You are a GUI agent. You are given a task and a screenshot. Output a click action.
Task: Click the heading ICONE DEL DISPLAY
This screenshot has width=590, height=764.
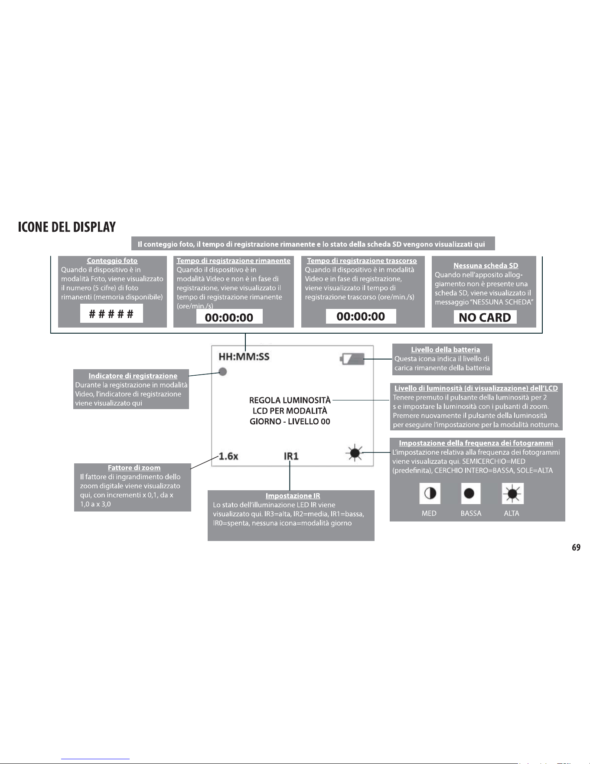pos(67,227)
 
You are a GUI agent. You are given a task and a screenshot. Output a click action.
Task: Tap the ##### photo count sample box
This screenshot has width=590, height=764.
pos(111,313)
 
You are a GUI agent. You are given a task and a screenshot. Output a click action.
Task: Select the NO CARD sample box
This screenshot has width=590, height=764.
pos(485,317)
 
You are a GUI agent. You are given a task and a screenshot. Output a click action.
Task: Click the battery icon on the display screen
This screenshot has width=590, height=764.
pos(352,359)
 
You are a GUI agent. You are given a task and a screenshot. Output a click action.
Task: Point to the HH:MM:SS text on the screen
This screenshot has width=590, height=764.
pos(244,357)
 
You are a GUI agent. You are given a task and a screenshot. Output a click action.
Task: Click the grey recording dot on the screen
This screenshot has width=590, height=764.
pos(223,372)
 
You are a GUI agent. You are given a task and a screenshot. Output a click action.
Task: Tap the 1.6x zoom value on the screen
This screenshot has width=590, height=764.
pos(228,456)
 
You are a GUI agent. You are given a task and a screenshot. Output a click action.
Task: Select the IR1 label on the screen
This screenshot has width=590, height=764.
pos(291,456)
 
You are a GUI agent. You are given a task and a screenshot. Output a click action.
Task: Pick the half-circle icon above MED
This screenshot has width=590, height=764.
pos(430,493)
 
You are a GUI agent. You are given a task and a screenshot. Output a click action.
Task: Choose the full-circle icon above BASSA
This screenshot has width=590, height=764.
pos(469,493)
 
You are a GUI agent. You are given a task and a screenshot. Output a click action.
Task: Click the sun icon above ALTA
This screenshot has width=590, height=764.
pos(513,493)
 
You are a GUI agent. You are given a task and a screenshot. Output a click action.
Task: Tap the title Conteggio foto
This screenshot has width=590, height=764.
pos(112,261)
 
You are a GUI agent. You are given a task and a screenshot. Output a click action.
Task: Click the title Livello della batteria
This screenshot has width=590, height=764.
pos(446,350)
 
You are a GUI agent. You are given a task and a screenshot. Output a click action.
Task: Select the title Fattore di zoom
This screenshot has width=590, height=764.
pos(134,468)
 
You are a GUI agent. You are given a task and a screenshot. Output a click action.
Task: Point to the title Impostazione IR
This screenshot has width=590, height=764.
pos(293,495)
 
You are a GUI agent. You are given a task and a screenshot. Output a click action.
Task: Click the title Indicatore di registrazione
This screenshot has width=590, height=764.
pos(133,376)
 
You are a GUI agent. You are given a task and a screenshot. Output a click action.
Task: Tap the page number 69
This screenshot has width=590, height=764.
pos(576,548)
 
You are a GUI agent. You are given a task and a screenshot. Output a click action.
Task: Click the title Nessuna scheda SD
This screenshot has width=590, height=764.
pos(486,266)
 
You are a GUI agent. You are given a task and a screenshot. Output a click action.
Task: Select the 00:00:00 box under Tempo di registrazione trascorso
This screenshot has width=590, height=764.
pos(361,316)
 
